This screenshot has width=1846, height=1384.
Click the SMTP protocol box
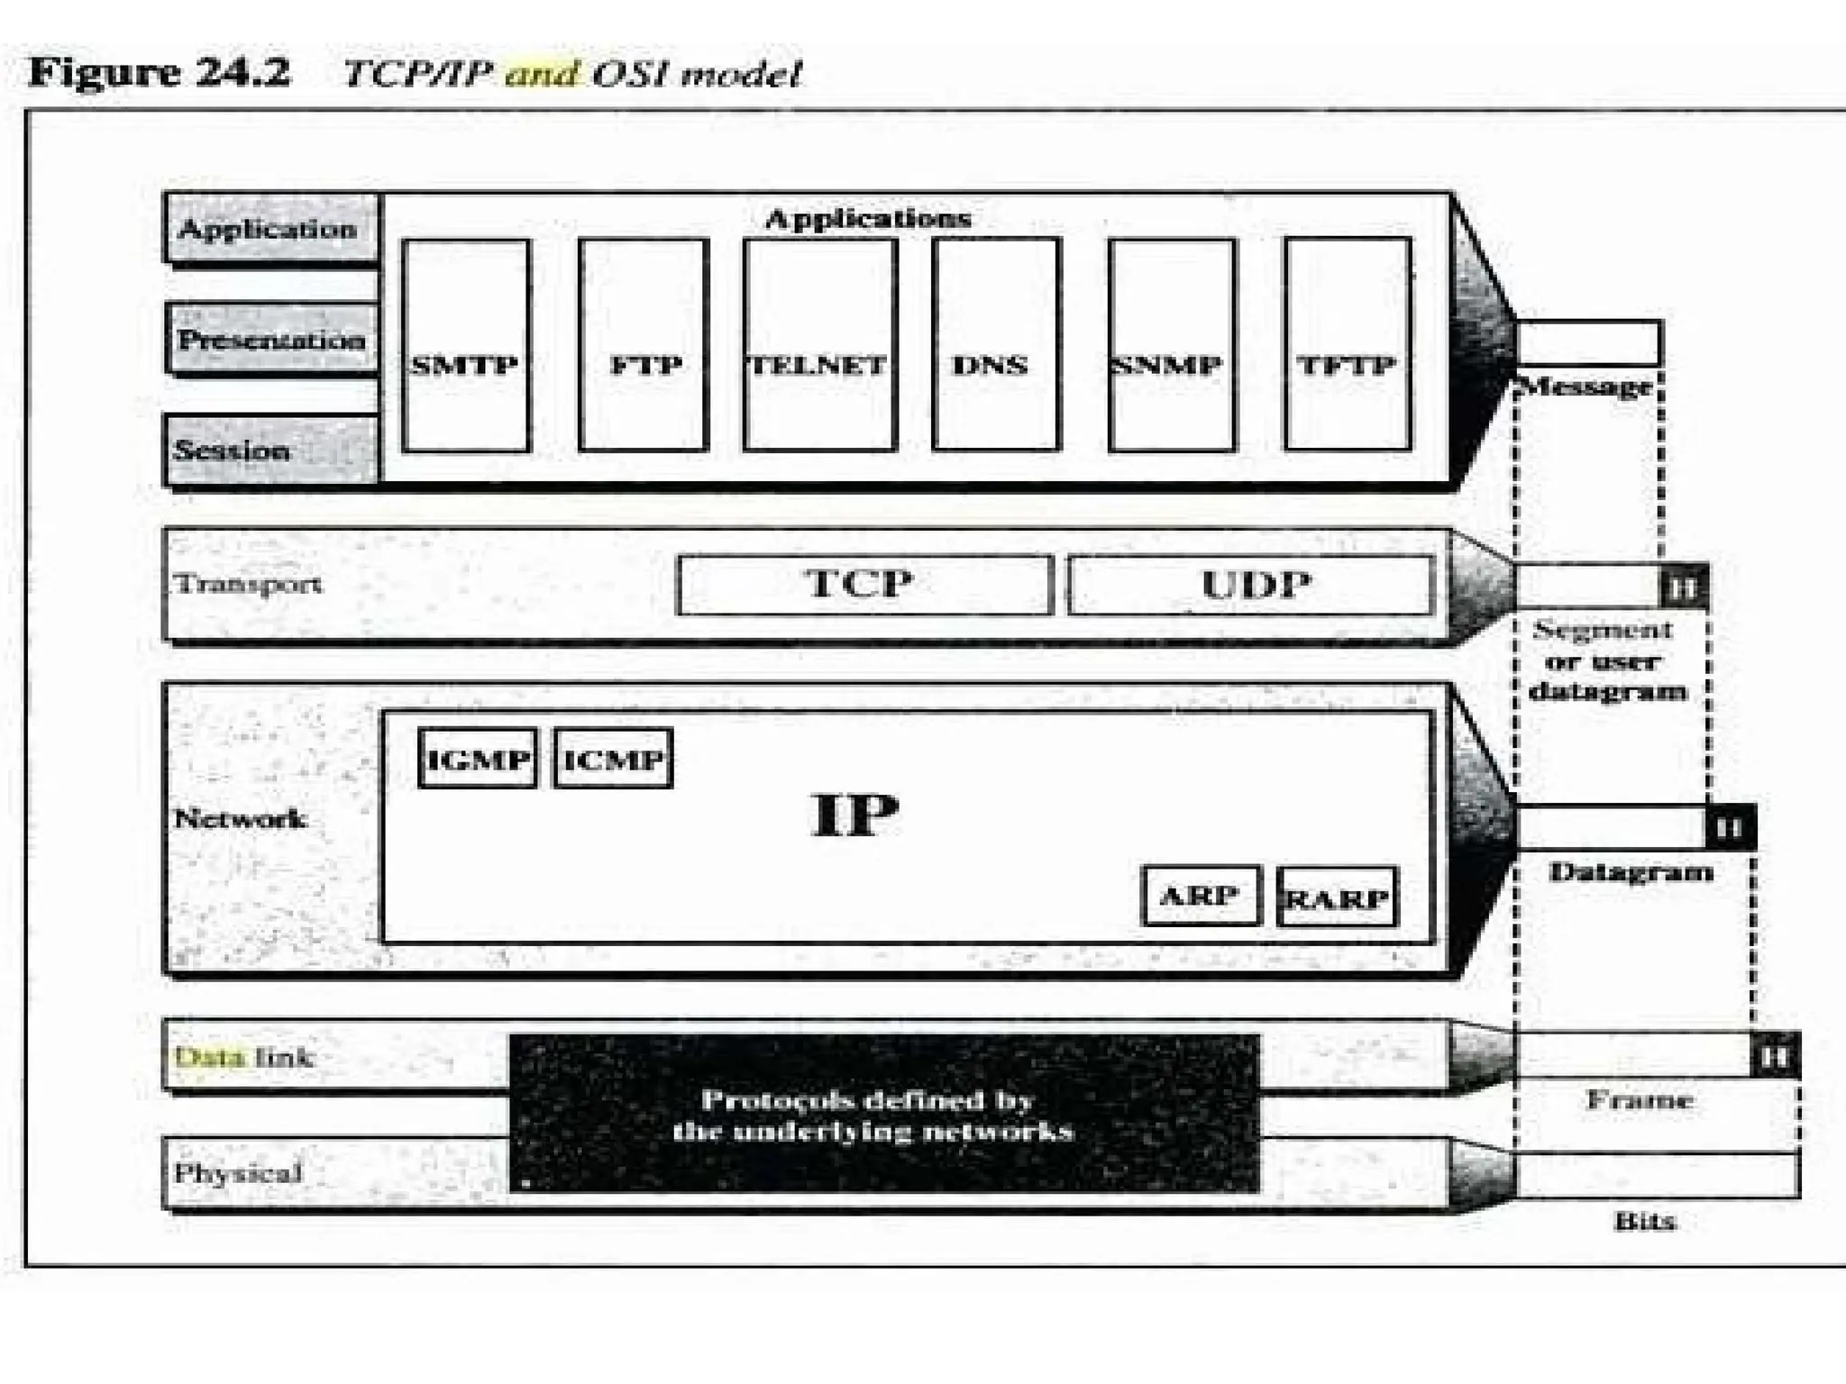[465, 345]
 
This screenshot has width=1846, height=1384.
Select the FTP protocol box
[644, 345]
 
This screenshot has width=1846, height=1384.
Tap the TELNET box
[819, 345]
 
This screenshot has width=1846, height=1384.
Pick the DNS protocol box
[995, 345]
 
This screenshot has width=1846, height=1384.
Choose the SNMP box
[1171, 345]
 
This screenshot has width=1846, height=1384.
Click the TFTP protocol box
[1347, 345]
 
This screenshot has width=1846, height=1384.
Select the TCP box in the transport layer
[864, 585]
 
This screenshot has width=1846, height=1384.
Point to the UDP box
[1249, 585]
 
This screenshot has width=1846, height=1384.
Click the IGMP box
[478, 759]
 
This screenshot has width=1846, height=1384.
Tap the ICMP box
[613, 759]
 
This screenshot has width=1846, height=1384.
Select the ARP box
[1201, 896]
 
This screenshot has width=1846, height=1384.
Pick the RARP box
[1338, 897]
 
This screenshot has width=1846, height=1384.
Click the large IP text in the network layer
[854, 815]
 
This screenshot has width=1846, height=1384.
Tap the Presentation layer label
[271, 339]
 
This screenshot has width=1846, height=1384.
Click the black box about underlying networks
[884, 1114]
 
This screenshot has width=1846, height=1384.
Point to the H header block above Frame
[1774, 1055]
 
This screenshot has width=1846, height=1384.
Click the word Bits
[1645, 1222]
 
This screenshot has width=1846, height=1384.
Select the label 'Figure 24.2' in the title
[160, 72]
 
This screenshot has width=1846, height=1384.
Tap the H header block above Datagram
[1728, 826]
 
